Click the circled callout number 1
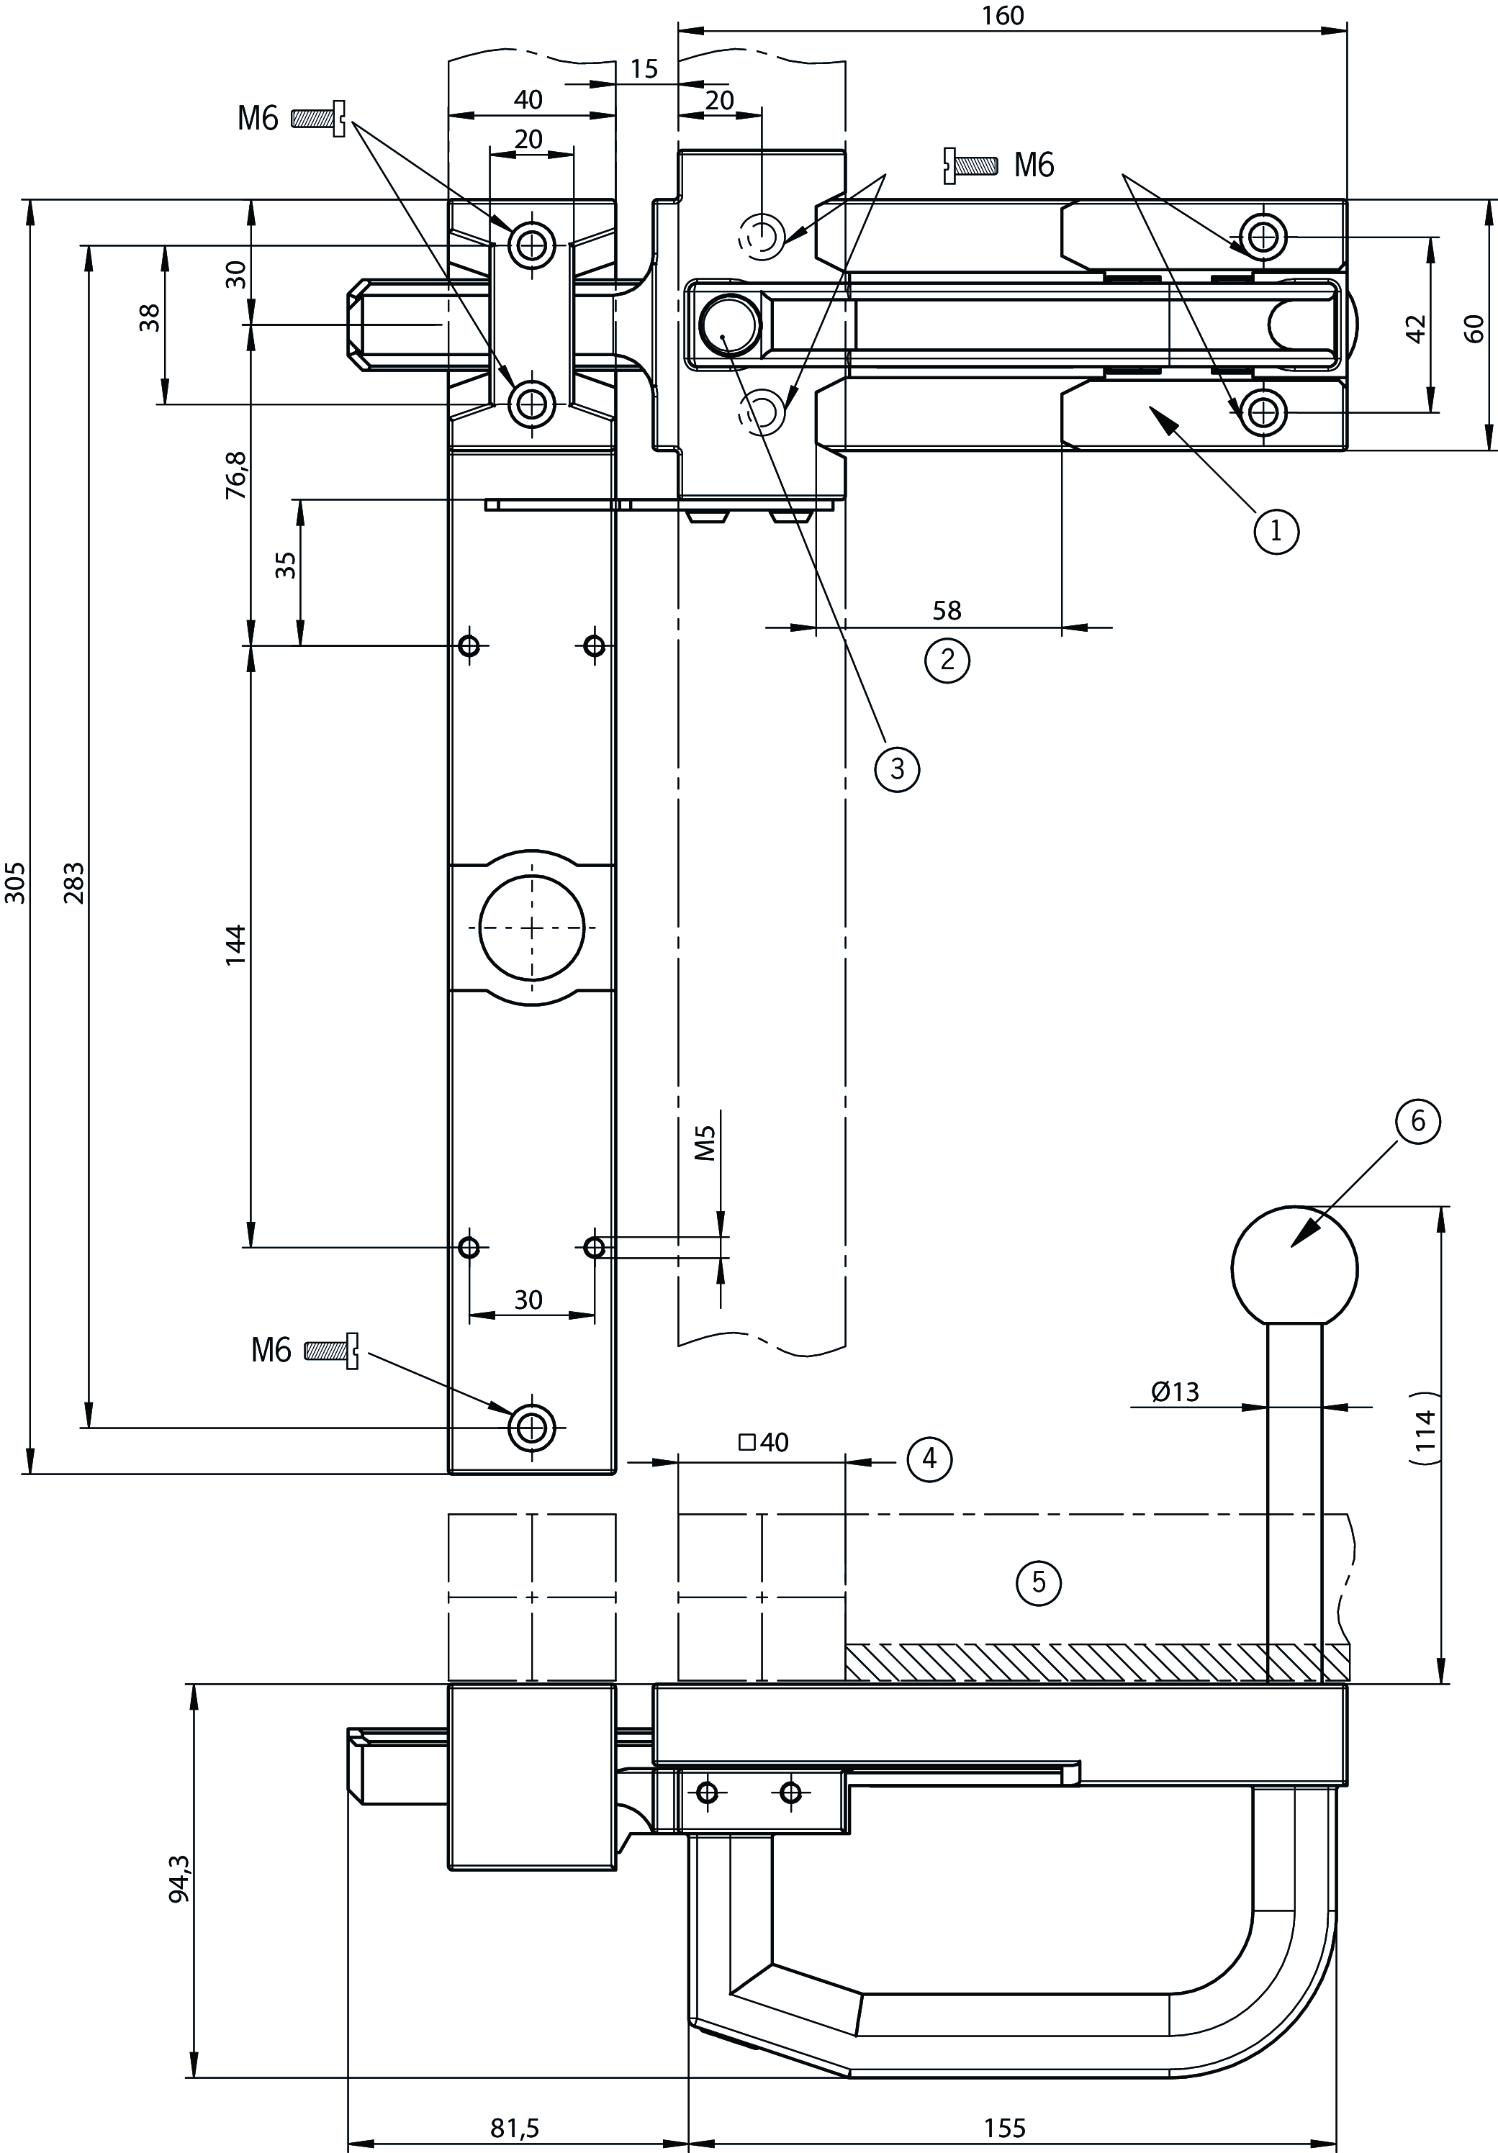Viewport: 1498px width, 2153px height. click(1275, 532)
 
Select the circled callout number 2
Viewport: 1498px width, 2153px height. click(947, 660)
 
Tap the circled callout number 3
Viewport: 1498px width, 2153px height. click(897, 769)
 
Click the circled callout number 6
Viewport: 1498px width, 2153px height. click(1417, 1122)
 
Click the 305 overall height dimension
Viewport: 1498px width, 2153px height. click(16, 882)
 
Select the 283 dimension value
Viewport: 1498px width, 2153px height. click(74, 882)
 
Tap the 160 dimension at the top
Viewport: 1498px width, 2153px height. click(1003, 16)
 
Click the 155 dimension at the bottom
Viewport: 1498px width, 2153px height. click(1005, 2129)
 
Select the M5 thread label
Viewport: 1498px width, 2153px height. click(705, 1143)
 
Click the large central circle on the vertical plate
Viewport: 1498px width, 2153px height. click(532, 926)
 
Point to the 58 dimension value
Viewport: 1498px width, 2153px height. click(947, 610)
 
